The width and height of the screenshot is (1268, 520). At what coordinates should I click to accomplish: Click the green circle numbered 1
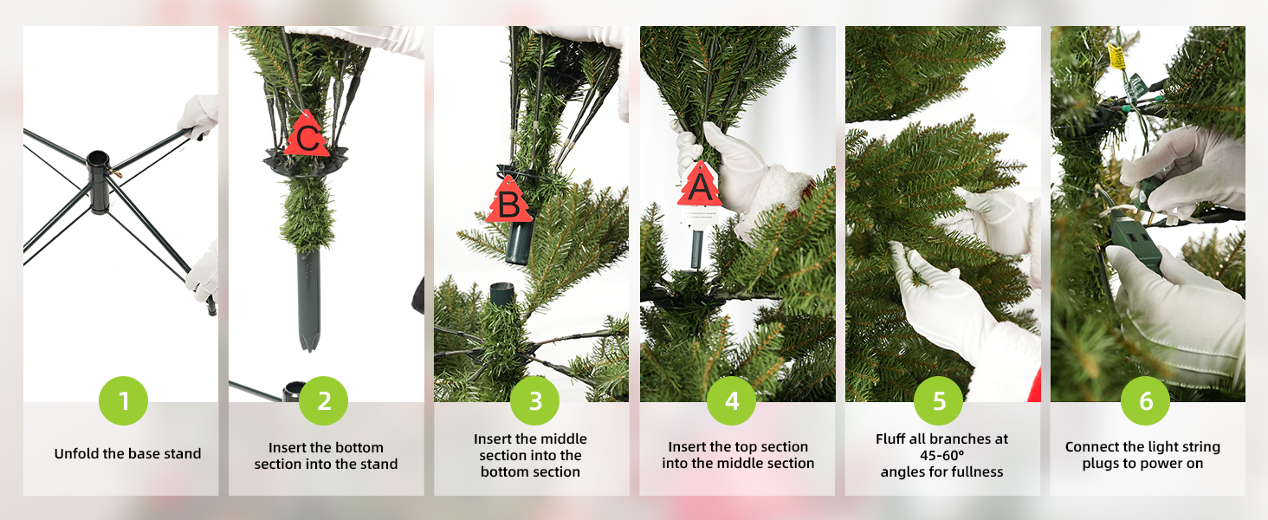[x=123, y=400]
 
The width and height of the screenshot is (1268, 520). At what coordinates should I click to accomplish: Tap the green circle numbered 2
[x=323, y=400]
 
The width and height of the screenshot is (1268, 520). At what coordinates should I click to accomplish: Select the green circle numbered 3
[x=534, y=400]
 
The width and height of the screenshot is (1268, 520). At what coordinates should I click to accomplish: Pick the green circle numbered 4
[x=731, y=400]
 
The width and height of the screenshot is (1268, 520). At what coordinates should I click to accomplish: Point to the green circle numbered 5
[x=939, y=400]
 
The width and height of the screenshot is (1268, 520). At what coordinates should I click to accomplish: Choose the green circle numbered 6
[x=1145, y=400]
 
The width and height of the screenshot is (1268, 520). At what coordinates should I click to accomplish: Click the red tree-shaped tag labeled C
[x=306, y=135]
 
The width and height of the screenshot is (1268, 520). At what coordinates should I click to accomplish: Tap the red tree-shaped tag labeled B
[x=509, y=202]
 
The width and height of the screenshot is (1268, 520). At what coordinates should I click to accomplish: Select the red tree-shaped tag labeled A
[x=699, y=185]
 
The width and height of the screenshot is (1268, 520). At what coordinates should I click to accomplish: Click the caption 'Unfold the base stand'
[x=127, y=454]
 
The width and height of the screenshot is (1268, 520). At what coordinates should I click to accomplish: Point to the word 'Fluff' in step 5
[x=892, y=439]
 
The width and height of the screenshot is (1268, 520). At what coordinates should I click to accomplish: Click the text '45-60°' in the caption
[x=941, y=455]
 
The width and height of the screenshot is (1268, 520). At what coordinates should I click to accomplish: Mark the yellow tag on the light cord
[x=1116, y=56]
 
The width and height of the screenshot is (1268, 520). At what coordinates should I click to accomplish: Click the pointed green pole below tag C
[x=307, y=299]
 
